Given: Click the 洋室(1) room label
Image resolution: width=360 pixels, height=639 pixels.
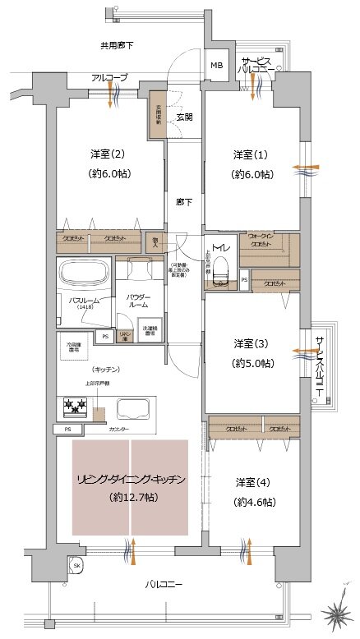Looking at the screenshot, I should pos(242,155).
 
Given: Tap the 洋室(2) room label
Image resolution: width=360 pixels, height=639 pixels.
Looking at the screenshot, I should pos(107,155).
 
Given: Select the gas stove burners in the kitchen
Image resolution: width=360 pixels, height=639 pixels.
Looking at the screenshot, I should pos(76,406).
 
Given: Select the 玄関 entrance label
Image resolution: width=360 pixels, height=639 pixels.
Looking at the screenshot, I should pos(184,117).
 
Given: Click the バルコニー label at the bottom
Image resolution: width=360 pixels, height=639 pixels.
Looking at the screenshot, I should pos(164,584).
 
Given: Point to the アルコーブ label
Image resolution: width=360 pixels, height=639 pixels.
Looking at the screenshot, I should pos(109,77).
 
